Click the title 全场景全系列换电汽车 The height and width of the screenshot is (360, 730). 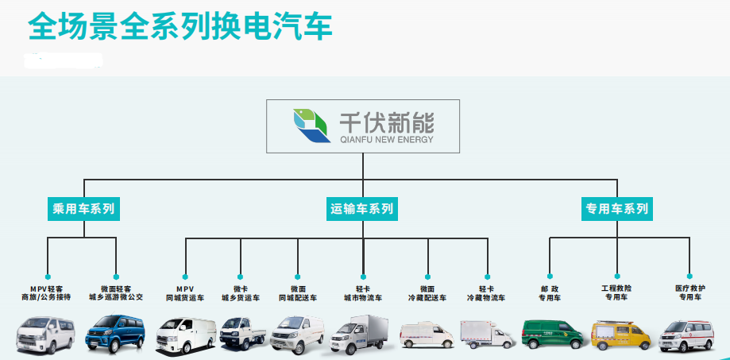point(180,27)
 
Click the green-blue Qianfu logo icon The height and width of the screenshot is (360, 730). point(311,126)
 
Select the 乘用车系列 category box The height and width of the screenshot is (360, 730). point(83,209)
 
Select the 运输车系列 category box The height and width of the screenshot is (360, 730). point(362,209)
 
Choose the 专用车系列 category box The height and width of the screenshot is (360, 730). point(617,209)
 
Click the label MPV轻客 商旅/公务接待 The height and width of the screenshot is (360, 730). point(47,292)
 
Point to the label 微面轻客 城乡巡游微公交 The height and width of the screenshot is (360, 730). point(116,292)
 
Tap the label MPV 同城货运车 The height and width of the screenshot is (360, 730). point(185,292)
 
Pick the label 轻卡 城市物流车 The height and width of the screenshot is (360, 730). point(363,292)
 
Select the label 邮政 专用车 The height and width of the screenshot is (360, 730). point(550,292)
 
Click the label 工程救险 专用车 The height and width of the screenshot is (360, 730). point(617,292)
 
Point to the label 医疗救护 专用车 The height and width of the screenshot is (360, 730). point(689,292)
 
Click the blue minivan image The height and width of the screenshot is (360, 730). point(114,331)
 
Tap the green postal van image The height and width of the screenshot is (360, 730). point(550,333)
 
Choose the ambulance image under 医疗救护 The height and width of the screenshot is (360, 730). point(687,335)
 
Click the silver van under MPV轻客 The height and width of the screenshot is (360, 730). point(45,332)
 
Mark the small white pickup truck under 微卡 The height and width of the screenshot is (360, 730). point(241,332)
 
